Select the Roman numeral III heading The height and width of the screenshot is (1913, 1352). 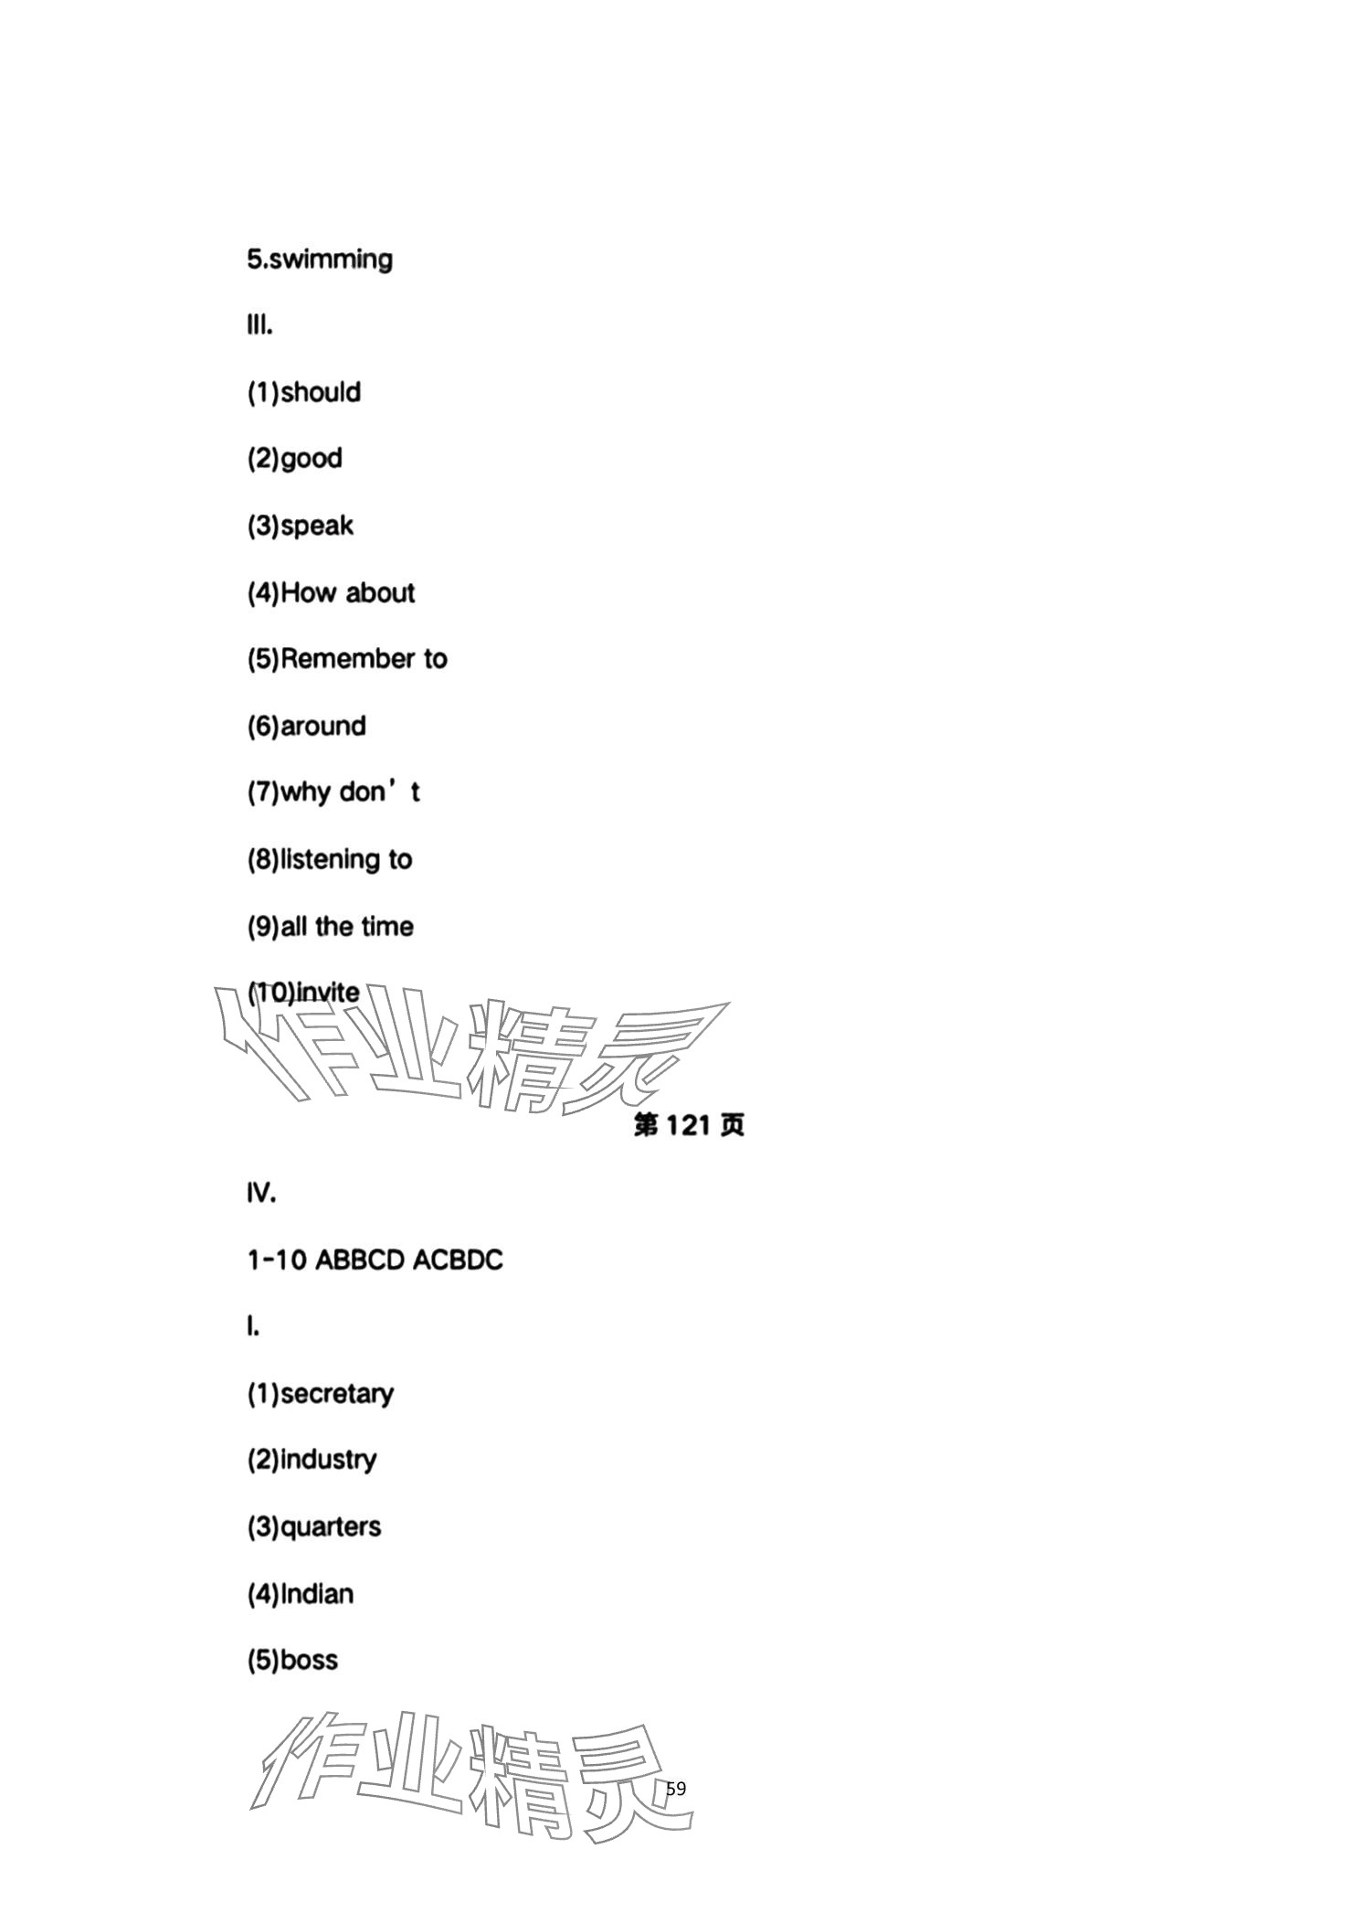pos(259,325)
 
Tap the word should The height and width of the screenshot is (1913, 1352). pos(321,393)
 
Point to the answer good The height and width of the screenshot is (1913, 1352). pos(312,459)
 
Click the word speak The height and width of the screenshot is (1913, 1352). pos(317,526)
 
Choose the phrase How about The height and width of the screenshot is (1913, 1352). pos(347,593)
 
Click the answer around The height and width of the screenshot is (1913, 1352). pos(322,727)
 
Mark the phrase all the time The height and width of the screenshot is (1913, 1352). pos(347,927)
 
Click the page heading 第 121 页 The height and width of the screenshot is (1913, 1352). pos(689,1125)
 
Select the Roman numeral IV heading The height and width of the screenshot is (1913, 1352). pos(261,1194)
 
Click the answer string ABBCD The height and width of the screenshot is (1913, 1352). pos(360,1260)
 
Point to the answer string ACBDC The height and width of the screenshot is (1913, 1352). pos(458,1260)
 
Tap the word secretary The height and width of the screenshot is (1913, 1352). pos(337,1395)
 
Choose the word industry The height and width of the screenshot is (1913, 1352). pos(328,1461)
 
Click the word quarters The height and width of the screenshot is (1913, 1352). pos(331,1527)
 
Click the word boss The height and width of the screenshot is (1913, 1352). pos(309,1661)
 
